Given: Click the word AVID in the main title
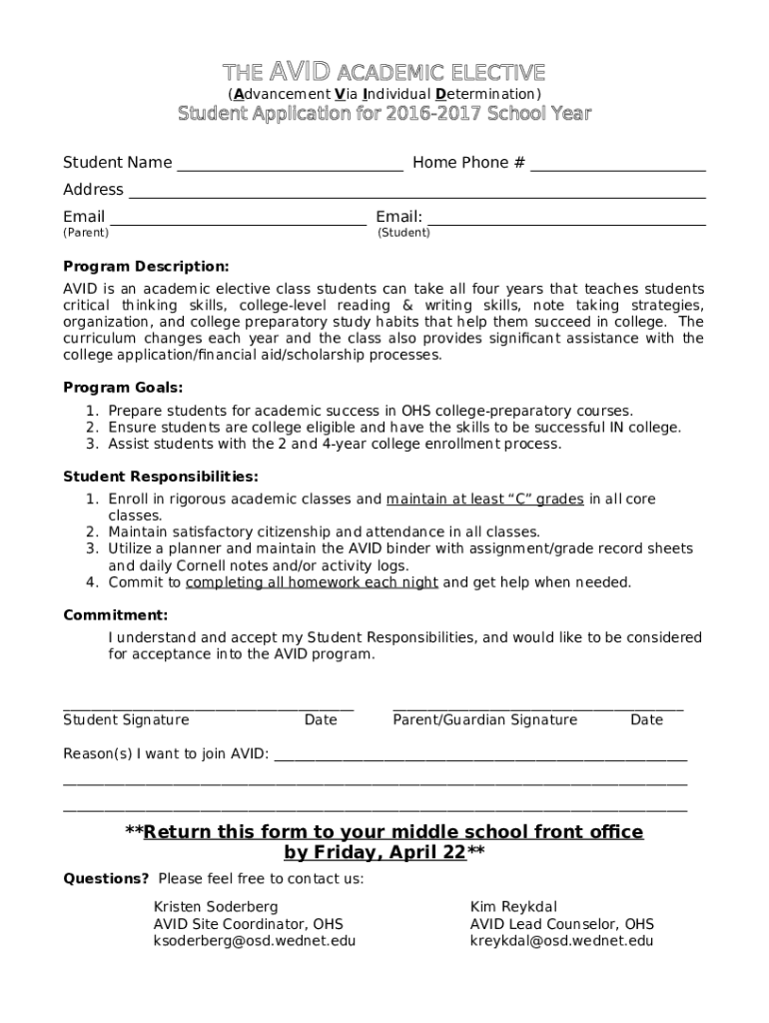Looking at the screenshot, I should click(300, 72).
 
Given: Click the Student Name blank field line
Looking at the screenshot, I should click(290, 170).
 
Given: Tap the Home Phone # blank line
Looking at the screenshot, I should click(617, 170).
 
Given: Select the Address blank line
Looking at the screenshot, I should click(416, 197).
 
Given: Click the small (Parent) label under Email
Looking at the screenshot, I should click(86, 233).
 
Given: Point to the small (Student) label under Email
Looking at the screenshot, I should click(403, 233).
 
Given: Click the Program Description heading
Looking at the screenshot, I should click(146, 267).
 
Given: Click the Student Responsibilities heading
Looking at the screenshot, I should click(161, 477).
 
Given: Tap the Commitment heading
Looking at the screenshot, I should click(115, 615).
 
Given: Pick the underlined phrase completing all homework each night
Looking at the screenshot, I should click(312, 582).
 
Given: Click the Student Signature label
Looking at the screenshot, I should click(126, 720).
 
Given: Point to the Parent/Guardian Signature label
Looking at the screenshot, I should click(484, 720).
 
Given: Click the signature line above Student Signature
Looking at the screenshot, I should click(208, 708).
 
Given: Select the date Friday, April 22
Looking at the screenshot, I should click(376, 853).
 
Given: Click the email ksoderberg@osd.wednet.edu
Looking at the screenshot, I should click(254, 941).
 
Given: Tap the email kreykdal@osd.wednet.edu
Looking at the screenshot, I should click(561, 941).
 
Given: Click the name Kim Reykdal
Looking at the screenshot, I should click(515, 907).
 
